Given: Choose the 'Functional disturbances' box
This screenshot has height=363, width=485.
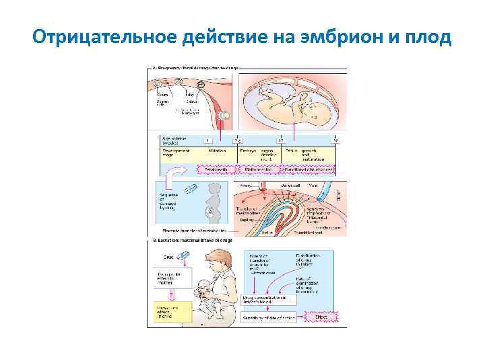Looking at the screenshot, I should click(307, 170).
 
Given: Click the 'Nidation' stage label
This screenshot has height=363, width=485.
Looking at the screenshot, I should click(216, 152).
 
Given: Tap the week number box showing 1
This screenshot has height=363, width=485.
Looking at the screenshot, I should click(207, 140).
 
